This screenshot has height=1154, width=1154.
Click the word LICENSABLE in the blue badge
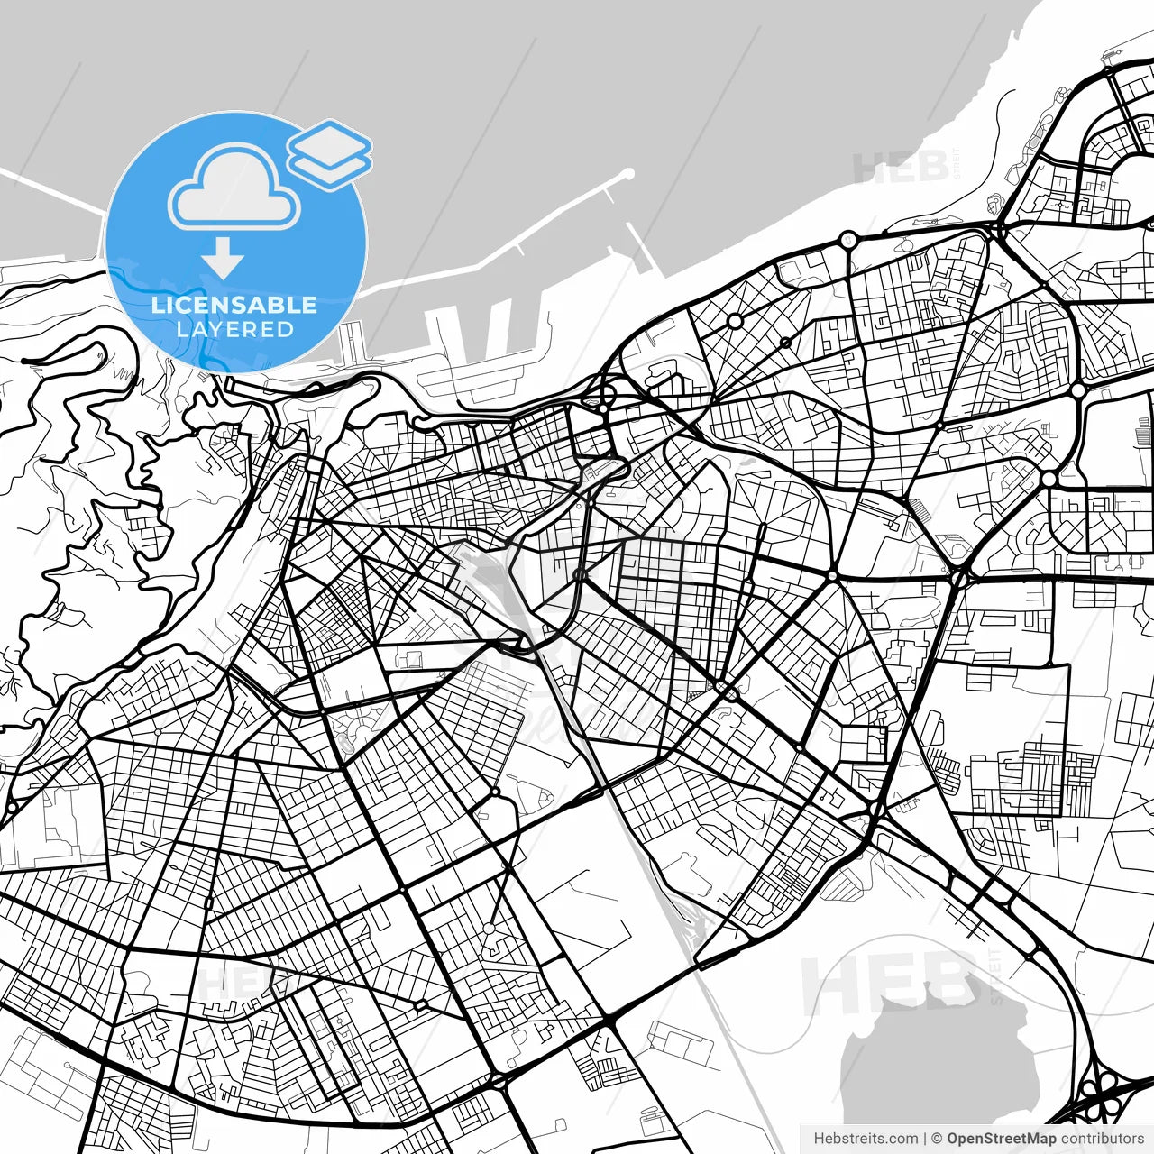[234, 305]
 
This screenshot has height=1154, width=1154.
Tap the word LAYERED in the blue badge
[234, 329]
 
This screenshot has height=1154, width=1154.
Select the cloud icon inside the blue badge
[234, 188]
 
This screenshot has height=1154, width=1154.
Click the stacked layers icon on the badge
[330, 154]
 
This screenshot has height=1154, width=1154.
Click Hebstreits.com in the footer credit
[866, 1139]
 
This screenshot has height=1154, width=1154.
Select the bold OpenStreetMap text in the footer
[1002, 1139]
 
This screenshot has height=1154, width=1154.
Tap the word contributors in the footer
[1102, 1139]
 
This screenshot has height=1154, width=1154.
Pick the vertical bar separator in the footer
[925, 1139]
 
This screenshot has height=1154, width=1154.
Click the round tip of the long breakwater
[628, 173]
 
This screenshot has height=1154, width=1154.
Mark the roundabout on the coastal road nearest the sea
[848, 240]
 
